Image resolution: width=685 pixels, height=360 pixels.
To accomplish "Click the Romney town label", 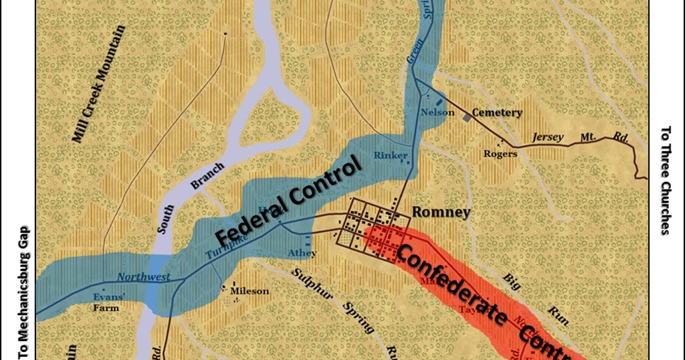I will point(441,213).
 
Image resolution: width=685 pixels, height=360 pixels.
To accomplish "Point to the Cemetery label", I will point(496,113).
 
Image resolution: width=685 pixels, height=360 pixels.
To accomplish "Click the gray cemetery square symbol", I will point(466,118).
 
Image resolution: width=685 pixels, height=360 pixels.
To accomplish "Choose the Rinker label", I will point(391,156).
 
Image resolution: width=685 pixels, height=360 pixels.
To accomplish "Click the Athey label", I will point(302,253).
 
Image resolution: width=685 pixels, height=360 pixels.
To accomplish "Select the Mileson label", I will point(249,291).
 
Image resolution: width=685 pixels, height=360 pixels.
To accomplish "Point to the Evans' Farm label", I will point(106,304).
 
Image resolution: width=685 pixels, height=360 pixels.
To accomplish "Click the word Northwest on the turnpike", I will point(143,276).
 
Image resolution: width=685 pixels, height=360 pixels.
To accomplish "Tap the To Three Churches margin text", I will point(665,181).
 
